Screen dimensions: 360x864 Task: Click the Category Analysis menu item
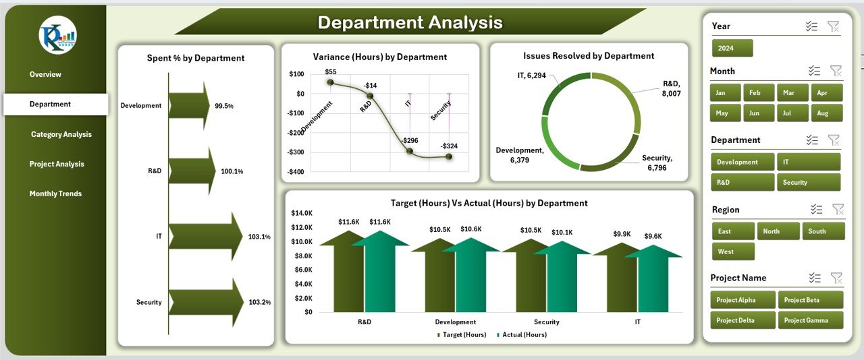pos(61,134)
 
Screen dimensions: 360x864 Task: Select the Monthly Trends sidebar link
pos(55,193)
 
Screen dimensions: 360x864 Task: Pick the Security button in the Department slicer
pos(808,182)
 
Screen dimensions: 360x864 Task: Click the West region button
pos(732,251)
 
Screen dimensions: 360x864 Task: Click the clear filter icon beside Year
pos(834,26)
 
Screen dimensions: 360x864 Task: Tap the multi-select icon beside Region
pos(816,210)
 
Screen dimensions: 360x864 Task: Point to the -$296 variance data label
pos(408,140)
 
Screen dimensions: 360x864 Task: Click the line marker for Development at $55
pos(330,82)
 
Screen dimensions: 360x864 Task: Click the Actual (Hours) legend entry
pos(522,334)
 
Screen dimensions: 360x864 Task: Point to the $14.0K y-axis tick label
pos(301,213)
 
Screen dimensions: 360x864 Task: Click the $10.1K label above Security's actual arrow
pos(562,233)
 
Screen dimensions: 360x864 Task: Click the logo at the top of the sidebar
pos(57,36)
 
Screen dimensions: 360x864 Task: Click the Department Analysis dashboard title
pos(410,22)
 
